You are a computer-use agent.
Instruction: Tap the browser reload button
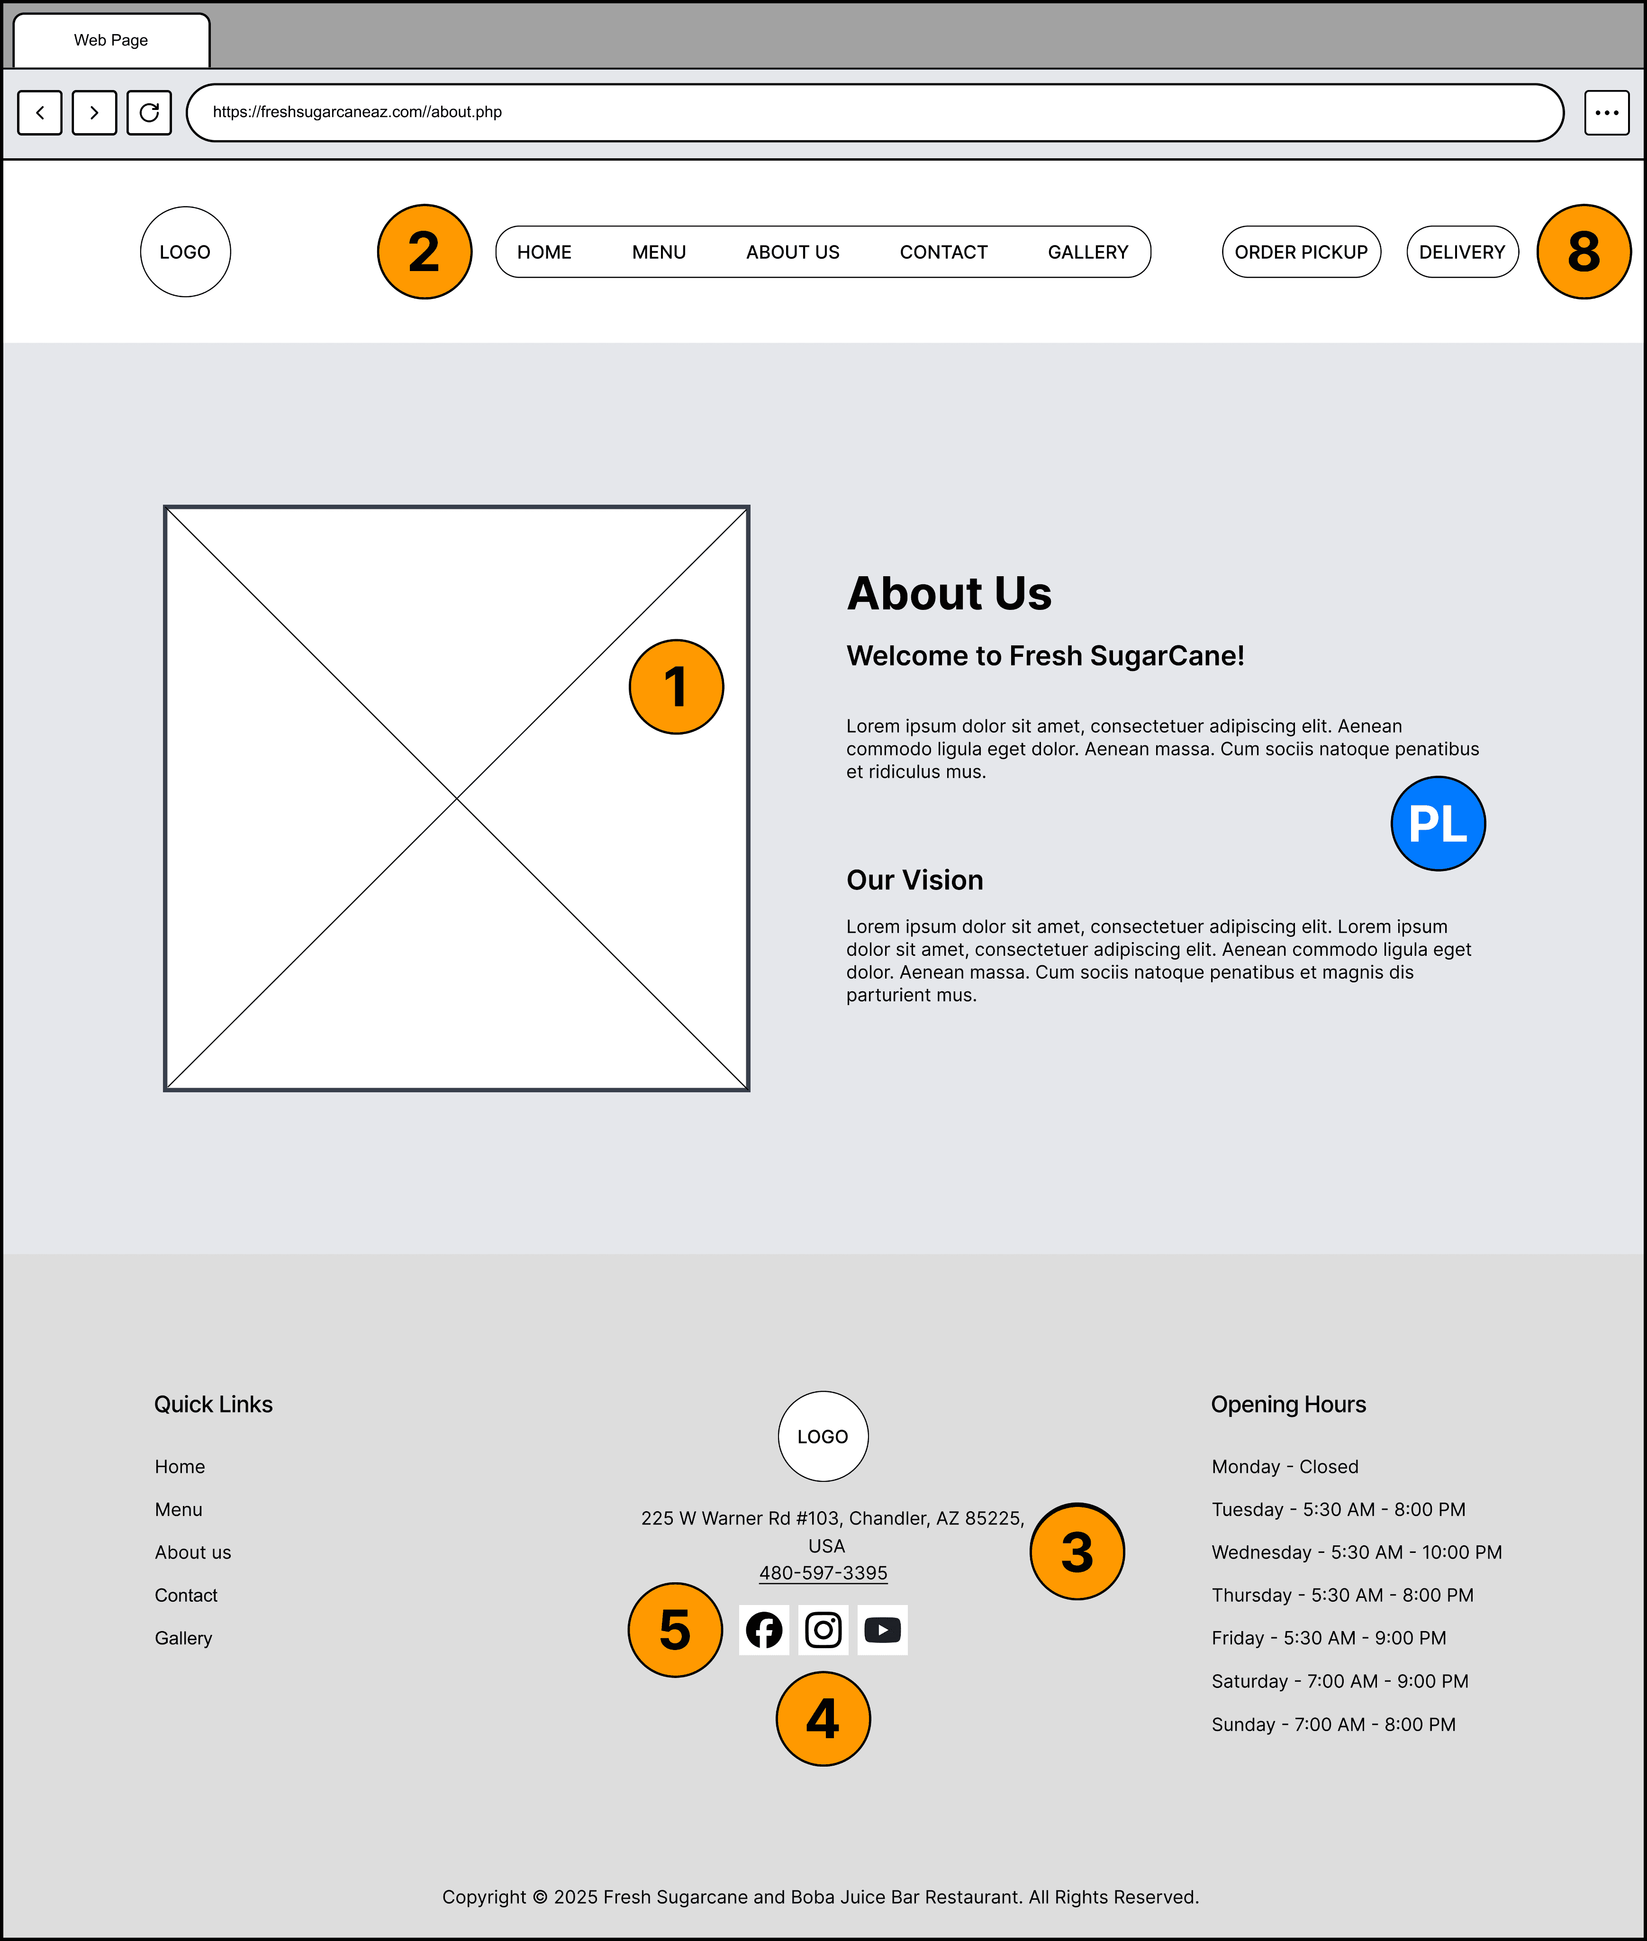tap(149, 113)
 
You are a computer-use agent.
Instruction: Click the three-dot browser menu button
tap(1607, 113)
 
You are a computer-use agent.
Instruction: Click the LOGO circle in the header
tap(185, 252)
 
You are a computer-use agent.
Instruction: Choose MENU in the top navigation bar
tap(659, 252)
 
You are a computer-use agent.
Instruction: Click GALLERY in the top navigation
tap(1088, 252)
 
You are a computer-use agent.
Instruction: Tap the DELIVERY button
tap(1462, 252)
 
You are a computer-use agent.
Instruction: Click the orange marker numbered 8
tap(1584, 252)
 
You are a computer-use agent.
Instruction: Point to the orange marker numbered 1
tap(676, 687)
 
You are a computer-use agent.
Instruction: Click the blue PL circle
tap(1438, 824)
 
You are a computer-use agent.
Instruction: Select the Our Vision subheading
tap(915, 880)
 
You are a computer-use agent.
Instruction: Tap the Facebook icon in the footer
tap(764, 1630)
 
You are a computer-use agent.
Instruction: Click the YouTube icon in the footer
tap(882, 1630)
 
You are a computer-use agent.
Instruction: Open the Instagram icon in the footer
tap(823, 1630)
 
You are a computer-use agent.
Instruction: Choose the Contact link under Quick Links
tap(186, 1596)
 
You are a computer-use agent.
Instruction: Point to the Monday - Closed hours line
tap(1285, 1467)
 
